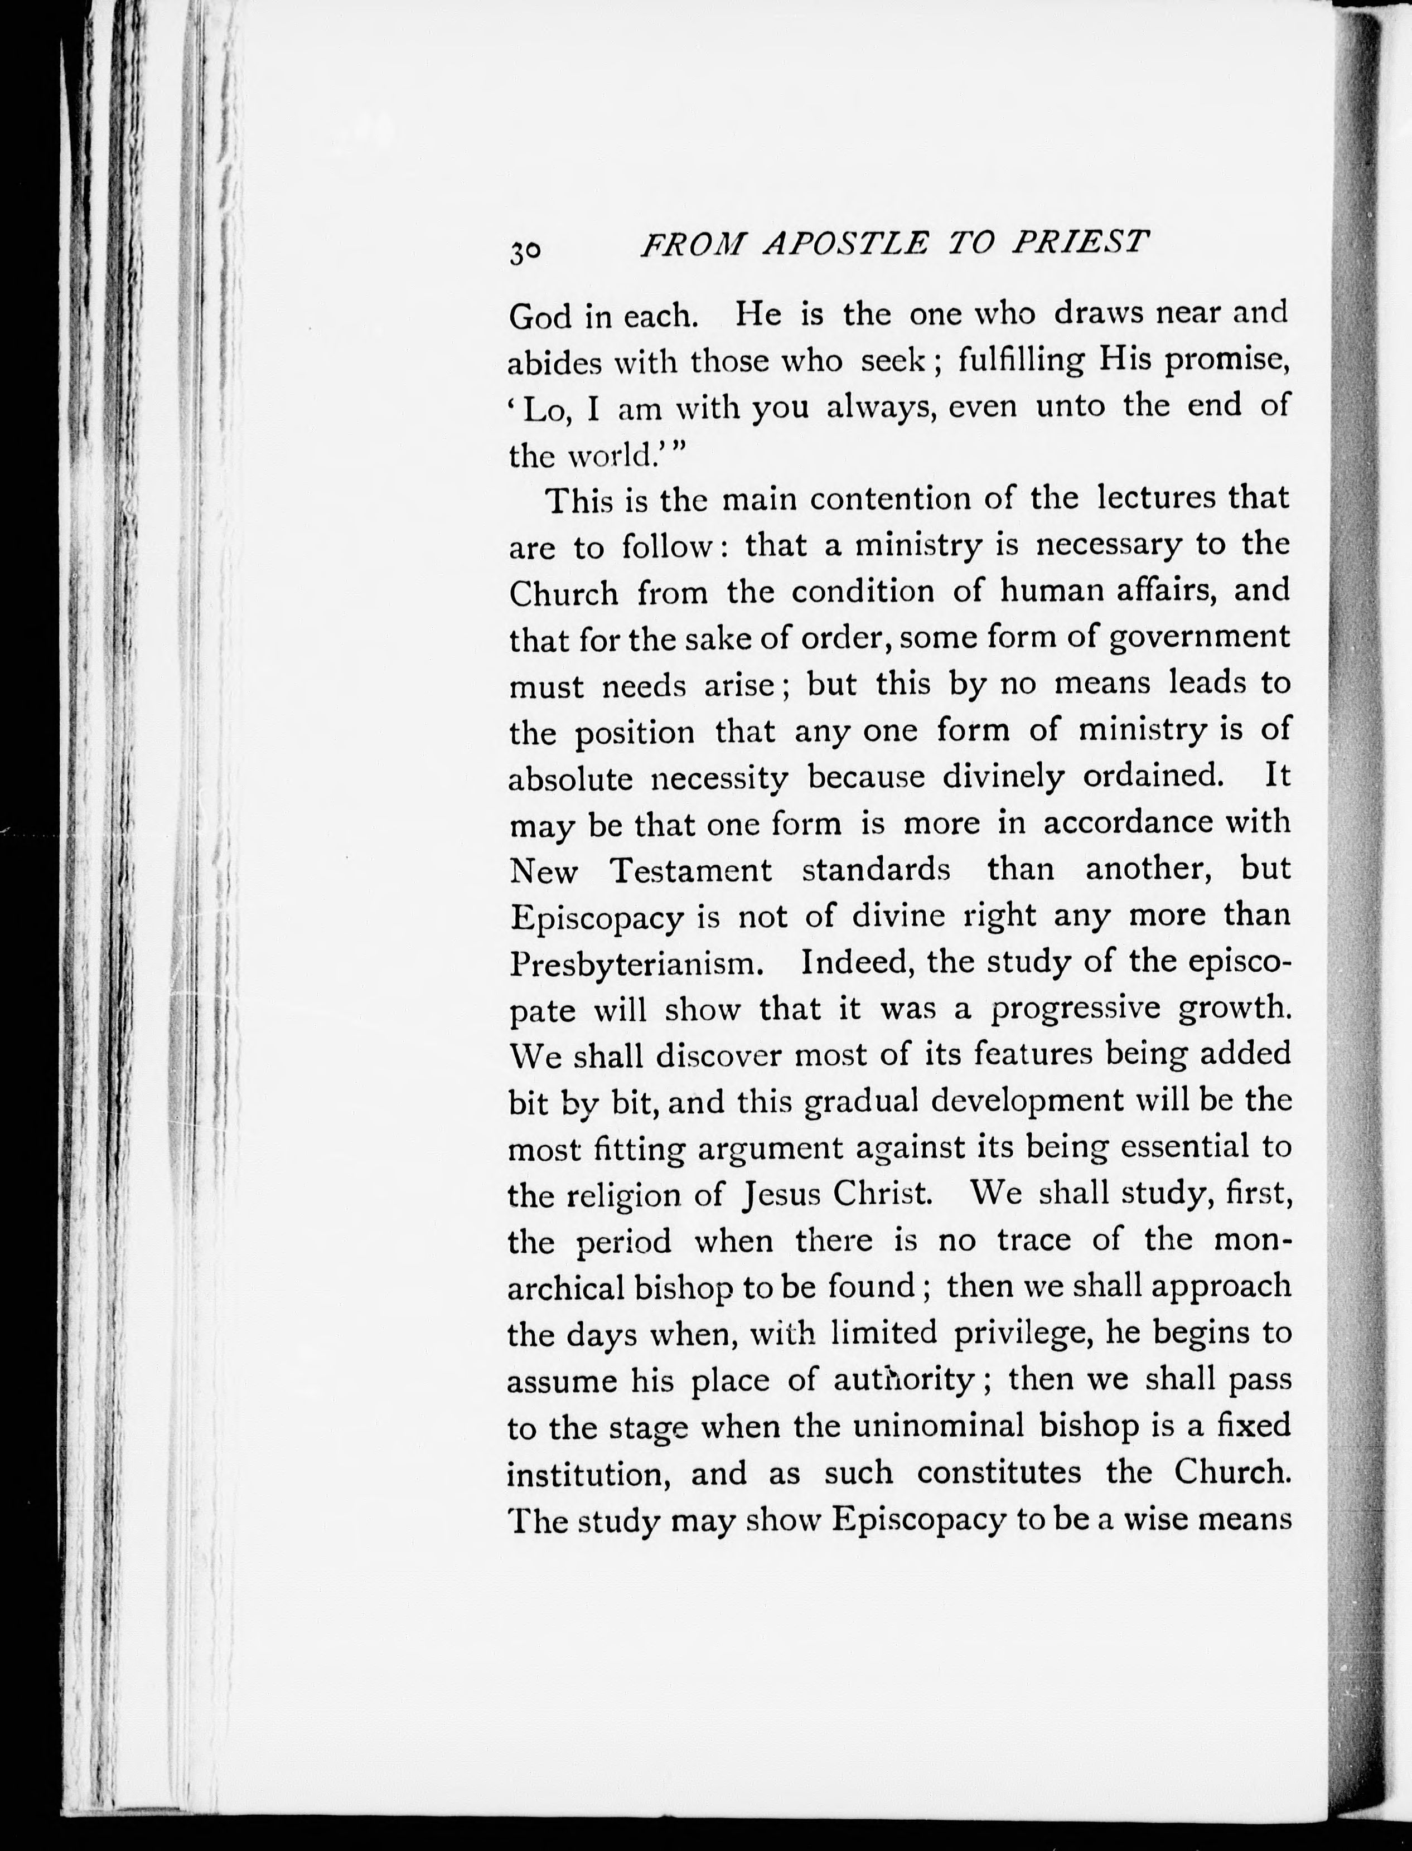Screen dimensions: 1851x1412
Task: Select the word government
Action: pyautogui.click(x=1200, y=638)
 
